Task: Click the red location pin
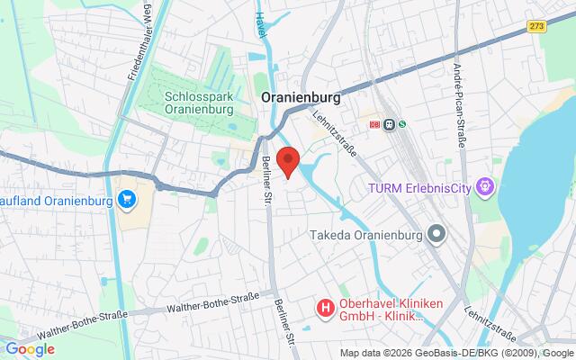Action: pyautogui.click(x=288, y=161)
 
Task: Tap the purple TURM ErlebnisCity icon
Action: pyautogui.click(x=488, y=187)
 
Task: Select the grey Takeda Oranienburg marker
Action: pyautogui.click(x=437, y=235)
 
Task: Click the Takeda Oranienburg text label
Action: pyautogui.click(x=364, y=235)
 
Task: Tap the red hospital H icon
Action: pyautogui.click(x=324, y=309)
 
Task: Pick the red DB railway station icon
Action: pyautogui.click(x=374, y=125)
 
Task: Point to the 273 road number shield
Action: pyautogui.click(x=536, y=28)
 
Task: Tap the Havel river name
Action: pyautogui.click(x=260, y=31)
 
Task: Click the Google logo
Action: pyautogui.click(x=30, y=348)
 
